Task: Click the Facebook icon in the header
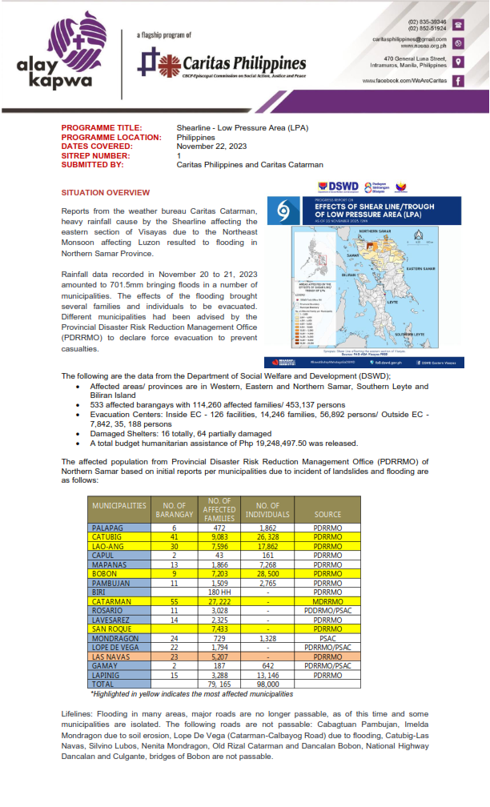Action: tap(457, 81)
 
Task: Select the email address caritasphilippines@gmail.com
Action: tap(409, 39)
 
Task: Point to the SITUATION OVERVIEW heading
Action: tap(106, 193)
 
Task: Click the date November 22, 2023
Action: tap(212, 147)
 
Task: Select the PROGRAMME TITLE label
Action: tap(102, 128)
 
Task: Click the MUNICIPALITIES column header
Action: tap(119, 506)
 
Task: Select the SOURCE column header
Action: tap(328, 515)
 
